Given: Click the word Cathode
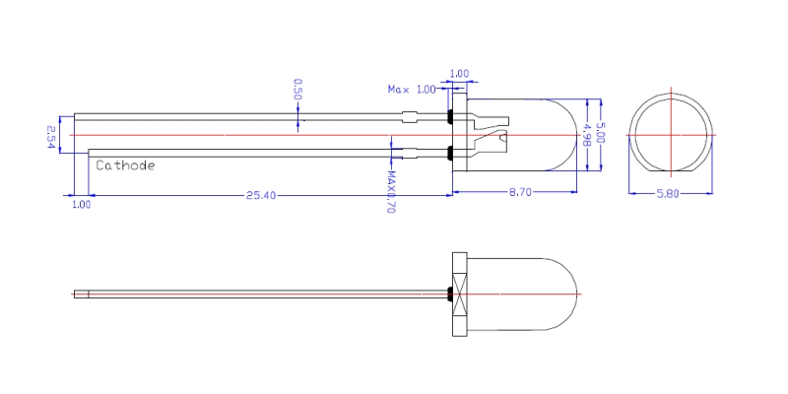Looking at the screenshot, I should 125,165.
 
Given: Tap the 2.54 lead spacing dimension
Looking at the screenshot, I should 51,135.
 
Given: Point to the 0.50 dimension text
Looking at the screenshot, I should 297,90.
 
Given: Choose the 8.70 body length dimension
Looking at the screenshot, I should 520,193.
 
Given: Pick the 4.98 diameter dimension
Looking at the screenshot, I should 587,134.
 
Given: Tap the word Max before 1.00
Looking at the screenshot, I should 398,90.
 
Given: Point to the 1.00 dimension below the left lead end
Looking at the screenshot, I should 82,205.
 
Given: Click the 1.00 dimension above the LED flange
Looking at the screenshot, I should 459,73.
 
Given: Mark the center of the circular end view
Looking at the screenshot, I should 671,135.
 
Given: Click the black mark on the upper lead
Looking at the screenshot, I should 450,117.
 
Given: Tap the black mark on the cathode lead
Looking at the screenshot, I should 450,153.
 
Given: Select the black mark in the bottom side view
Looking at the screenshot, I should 450,294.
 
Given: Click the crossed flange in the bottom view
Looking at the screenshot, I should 459,294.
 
